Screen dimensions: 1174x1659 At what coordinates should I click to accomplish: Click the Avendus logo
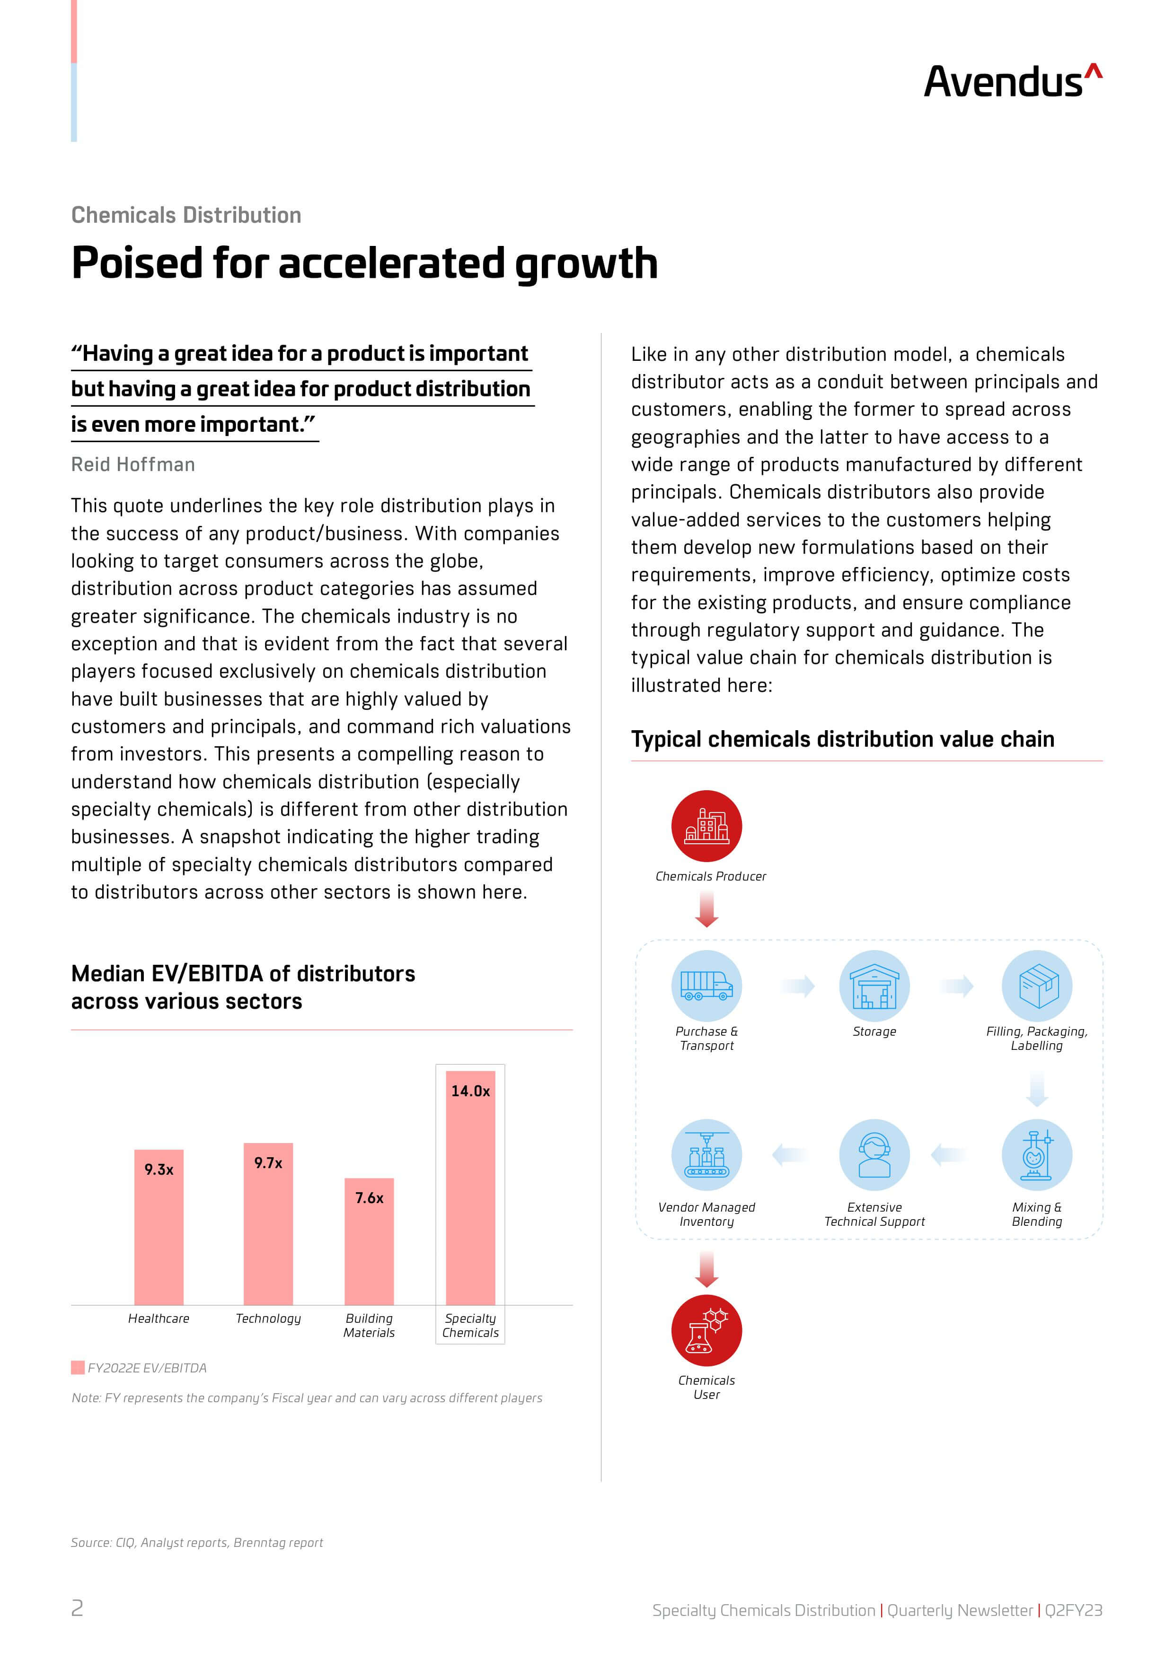[1013, 81]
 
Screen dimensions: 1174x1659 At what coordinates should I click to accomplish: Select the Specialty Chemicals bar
[471, 1188]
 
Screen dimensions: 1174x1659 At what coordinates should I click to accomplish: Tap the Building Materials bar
[370, 1241]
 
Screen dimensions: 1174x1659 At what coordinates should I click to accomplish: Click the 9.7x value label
[268, 1162]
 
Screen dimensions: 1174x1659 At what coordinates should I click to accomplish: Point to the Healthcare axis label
[159, 1318]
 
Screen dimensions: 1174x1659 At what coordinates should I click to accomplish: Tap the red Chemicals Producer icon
[706, 826]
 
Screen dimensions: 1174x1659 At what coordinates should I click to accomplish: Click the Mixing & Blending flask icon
[1037, 1155]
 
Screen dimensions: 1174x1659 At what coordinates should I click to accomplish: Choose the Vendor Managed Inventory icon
[706, 1155]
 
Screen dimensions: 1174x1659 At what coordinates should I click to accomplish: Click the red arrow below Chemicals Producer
[706, 909]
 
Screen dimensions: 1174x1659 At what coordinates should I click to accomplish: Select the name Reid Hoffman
[133, 464]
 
